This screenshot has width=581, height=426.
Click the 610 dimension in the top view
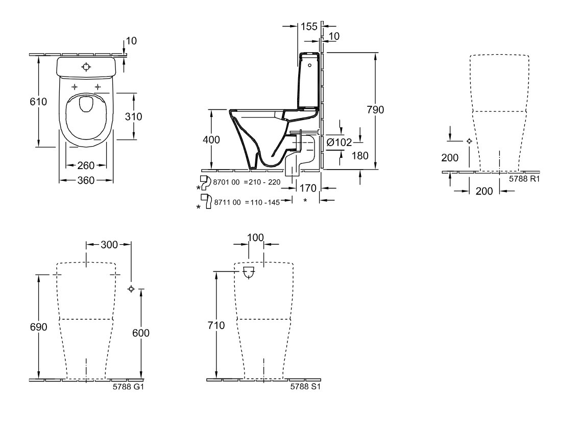click(38, 101)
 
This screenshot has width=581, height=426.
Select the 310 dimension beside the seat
click(133, 116)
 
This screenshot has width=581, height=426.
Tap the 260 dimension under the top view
click(86, 165)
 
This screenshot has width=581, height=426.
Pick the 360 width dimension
click(86, 180)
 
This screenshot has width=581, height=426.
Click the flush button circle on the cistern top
click(86, 67)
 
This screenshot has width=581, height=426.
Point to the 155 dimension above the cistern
click(309, 27)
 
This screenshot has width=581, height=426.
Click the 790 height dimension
click(375, 110)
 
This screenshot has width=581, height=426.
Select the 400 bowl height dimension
click(211, 140)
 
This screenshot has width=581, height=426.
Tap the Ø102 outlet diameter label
click(339, 142)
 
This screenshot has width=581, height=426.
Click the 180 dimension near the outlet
click(360, 155)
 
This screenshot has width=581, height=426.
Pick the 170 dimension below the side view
click(308, 188)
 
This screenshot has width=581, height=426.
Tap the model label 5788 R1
click(524, 179)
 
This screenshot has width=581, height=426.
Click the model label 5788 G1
click(128, 386)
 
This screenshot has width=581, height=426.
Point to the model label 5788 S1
click(305, 386)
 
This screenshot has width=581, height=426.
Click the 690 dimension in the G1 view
click(38, 326)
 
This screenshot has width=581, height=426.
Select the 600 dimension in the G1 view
click(141, 333)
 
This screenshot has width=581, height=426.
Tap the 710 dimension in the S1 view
click(216, 325)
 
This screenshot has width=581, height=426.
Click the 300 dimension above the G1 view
click(109, 245)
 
